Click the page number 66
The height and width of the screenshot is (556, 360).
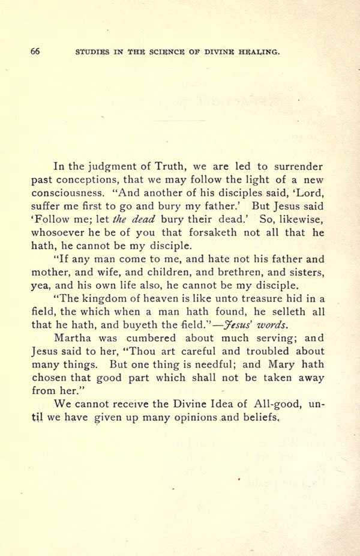35,52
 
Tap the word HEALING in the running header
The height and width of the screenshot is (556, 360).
260,52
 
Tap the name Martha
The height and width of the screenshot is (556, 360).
73,338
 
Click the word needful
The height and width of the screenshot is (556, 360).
211,364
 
